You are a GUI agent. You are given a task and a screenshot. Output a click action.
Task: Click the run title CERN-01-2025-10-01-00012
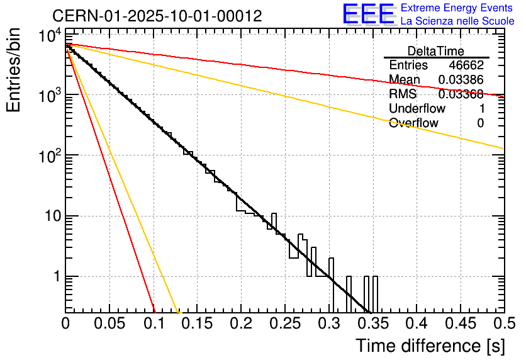pos(157,15)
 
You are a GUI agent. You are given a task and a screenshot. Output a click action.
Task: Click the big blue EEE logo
pos(369,14)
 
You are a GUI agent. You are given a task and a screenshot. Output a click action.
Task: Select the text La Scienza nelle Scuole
pos(457,21)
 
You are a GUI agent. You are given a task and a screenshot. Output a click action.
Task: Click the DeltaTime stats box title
pos(435,51)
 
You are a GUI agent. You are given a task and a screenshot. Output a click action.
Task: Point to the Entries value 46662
pos(466,65)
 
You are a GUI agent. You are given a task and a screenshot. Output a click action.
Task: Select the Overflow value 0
pos(480,123)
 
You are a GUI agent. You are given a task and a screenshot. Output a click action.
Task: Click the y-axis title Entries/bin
pos(14,69)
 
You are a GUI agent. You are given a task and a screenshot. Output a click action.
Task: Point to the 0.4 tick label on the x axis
pos(417,323)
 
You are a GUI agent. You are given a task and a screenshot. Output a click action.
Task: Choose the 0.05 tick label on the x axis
pos(109,323)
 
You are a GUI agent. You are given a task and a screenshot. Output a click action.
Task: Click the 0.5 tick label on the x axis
pos(504,323)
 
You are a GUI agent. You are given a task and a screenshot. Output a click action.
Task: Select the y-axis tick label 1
pos(55,276)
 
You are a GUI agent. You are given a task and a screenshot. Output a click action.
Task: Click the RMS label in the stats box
pos(403,94)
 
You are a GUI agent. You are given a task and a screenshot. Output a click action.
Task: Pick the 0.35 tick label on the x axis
pos(372,323)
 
